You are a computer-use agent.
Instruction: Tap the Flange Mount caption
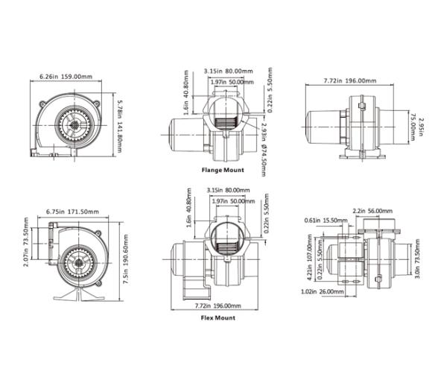pos(223,170)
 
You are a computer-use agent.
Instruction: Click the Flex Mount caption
pos(218,318)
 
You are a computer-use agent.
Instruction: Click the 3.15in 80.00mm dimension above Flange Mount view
pos(224,72)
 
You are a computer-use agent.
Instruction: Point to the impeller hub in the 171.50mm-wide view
pos(77,262)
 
